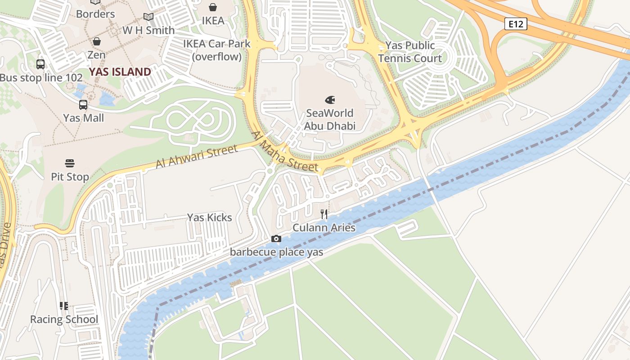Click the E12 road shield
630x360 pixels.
[x=515, y=24]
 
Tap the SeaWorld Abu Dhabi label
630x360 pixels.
[x=329, y=119]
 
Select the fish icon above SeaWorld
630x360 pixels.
[x=330, y=99]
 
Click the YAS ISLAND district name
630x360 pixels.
[x=120, y=72]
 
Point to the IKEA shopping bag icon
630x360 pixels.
[x=213, y=7]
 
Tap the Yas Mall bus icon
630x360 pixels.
[x=83, y=105]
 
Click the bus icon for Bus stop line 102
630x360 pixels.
[x=40, y=64]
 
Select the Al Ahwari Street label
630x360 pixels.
[x=196, y=156]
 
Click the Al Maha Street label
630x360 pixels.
[x=285, y=151]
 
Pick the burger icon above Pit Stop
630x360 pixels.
[x=70, y=163]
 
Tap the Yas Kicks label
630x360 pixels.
[x=210, y=217]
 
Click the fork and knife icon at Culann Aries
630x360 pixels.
[x=324, y=214]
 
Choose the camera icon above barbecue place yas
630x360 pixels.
[x=276, y=238]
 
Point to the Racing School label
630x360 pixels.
[x=64, y=319]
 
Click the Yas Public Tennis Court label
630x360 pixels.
[x=410, y=52]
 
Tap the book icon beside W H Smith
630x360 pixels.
[x=148, y=17]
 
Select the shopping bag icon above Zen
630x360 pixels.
[x=96, y=41]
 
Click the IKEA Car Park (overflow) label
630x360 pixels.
[x=216, y=50]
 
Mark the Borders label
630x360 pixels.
[x=95, y=14]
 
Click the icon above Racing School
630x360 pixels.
[x=64, y=306]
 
